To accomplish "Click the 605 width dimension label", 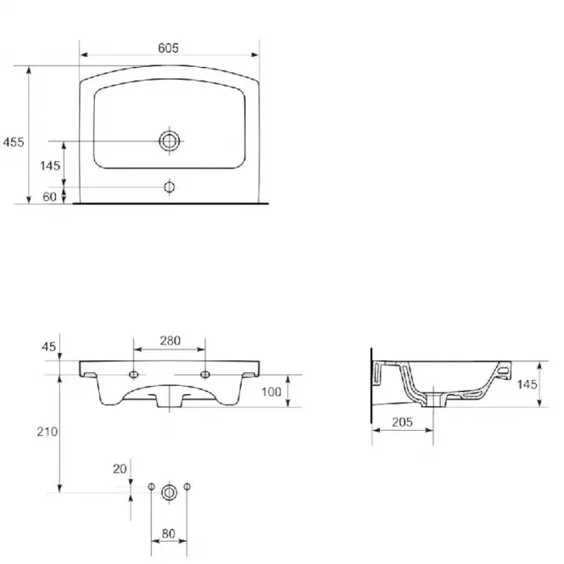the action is pos(168,47).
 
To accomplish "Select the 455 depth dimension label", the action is pos(14,142).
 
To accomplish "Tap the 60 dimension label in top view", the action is pos(50,197).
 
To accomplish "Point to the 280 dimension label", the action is pos(170,341).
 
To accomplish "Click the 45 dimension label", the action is pos(49,347).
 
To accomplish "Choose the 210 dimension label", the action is pos(47,432).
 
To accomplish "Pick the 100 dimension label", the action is pos(271,392).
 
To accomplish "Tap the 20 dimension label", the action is pos(120,469).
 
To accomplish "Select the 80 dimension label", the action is pos(168,533).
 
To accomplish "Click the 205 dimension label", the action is pos(402,422).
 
